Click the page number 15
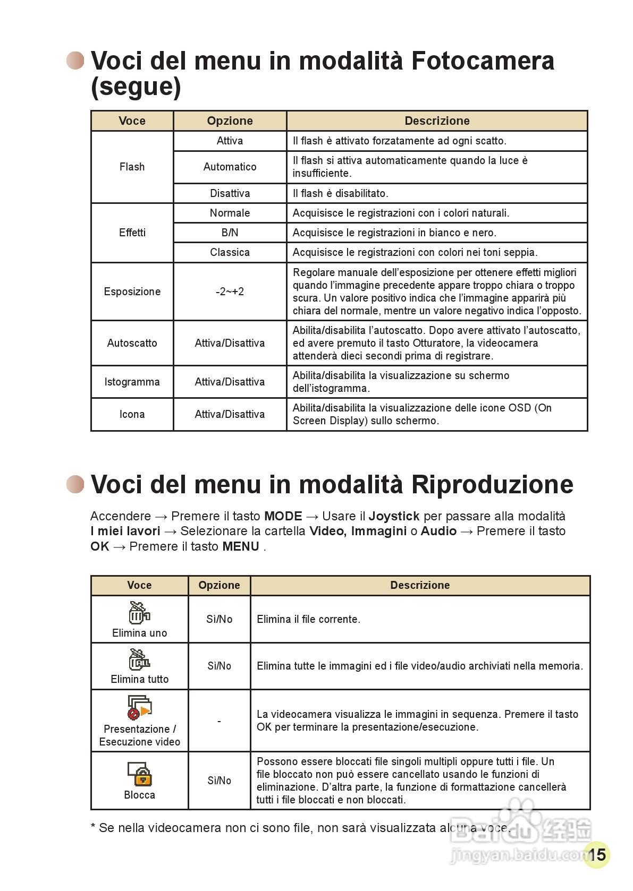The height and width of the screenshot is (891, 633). [597, 854]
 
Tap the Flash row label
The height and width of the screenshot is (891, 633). [132, 167]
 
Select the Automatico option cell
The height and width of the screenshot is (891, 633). [230, 167]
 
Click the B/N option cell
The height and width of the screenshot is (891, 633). [230, 233]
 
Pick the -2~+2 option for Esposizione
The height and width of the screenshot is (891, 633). [230, 292]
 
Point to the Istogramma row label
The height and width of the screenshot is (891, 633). [132, 382]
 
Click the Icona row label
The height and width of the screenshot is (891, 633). [132, 414]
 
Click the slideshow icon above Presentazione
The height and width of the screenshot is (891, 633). [139, 707]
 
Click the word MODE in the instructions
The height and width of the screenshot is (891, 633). [283, 516]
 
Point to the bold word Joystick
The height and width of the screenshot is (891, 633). [394, 516]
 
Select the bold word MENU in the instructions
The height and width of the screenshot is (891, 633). [241, 546]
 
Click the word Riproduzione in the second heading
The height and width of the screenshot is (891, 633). [492, 485]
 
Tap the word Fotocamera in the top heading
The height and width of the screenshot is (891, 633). [483, 61]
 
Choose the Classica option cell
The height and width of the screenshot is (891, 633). [230, 252]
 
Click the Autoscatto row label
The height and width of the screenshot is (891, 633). [132, 343]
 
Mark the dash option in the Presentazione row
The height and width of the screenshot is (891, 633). [219, 721]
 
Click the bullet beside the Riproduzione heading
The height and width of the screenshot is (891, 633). [75, 484]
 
